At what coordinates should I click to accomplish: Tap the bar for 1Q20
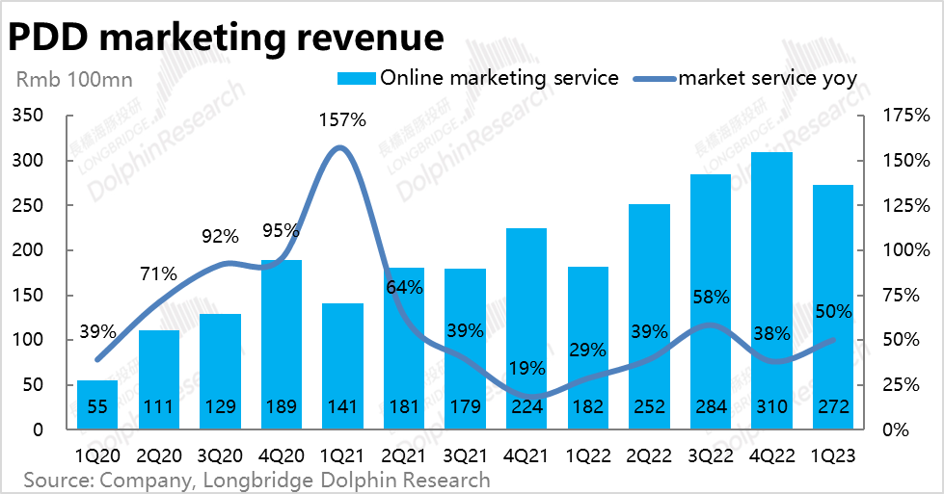point(96,404)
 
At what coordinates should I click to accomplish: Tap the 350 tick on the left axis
point(28,116)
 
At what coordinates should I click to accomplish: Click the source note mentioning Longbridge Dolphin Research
point(256,479)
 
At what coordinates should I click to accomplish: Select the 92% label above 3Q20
point(219,237)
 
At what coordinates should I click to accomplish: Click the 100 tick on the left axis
point(28,340)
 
